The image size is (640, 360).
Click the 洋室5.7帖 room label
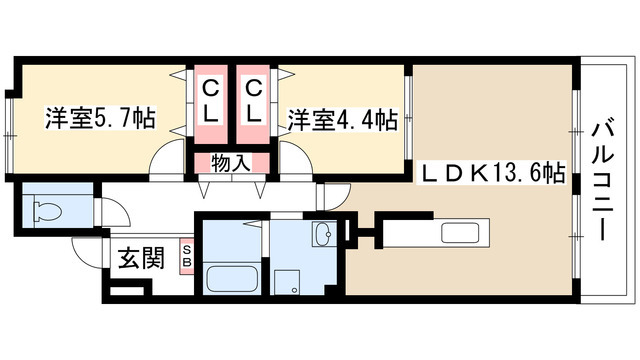click(x=99, y=118)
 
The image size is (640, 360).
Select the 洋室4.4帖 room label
click(x=343, y=119)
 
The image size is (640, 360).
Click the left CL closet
click(x=211, y=102)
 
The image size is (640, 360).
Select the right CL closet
click(x=254, y=102)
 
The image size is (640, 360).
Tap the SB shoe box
click(x=186, y=256)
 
